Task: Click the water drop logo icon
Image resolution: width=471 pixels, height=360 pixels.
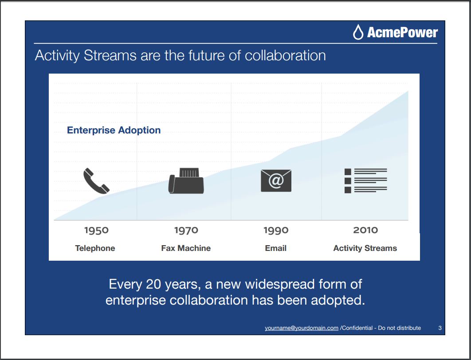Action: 358,32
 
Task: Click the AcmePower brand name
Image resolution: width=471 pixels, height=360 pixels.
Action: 402,32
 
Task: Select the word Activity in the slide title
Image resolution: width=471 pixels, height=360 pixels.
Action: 57,56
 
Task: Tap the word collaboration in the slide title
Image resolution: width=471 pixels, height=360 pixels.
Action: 285,55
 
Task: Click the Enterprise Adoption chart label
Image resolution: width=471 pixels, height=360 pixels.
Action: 114,130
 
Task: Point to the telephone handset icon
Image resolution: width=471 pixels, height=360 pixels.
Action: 96,181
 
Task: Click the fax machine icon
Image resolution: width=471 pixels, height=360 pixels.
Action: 186,181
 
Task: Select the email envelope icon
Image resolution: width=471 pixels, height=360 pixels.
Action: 276,181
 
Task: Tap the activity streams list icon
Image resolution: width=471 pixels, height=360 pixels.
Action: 365,180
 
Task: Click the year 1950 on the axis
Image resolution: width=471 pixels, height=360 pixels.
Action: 96,230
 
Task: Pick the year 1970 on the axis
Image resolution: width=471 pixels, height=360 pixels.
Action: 186,230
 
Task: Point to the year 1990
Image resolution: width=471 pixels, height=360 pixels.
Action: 276,230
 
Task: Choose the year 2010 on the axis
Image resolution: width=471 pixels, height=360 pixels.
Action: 365,230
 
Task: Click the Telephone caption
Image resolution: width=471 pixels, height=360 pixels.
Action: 95,248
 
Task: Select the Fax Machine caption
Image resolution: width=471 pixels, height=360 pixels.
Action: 186,248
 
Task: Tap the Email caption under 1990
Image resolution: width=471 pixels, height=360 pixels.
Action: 276,248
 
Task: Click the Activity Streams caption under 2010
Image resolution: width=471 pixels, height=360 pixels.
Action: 365,248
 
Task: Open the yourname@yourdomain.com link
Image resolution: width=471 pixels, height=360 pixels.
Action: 302,328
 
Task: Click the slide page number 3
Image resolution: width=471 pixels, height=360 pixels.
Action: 440,328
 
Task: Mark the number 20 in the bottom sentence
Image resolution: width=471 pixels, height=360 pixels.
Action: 153,284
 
